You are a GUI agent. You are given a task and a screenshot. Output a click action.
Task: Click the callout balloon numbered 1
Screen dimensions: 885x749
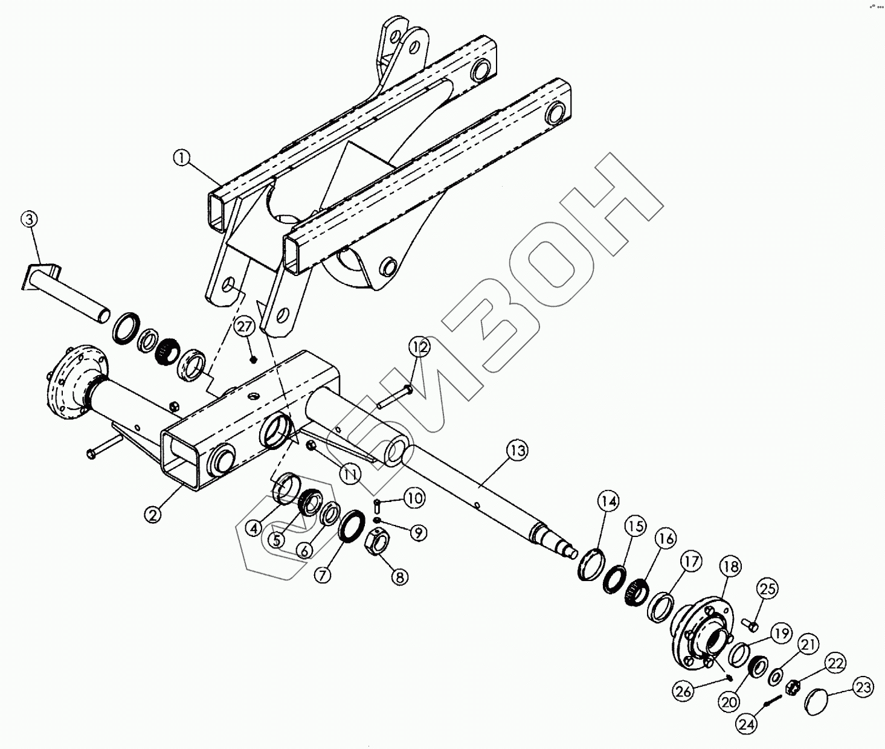[181, 158]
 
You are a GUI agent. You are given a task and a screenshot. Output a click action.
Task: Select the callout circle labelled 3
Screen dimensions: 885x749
[31, 219]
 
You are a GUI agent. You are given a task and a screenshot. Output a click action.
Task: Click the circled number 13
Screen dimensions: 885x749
[517, 450]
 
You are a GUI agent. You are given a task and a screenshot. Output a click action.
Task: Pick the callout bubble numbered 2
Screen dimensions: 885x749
[153, 514]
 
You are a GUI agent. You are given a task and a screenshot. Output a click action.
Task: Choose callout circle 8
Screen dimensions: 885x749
[399, 576]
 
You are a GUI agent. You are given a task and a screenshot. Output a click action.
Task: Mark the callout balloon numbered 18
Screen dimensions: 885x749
[730, 567]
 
